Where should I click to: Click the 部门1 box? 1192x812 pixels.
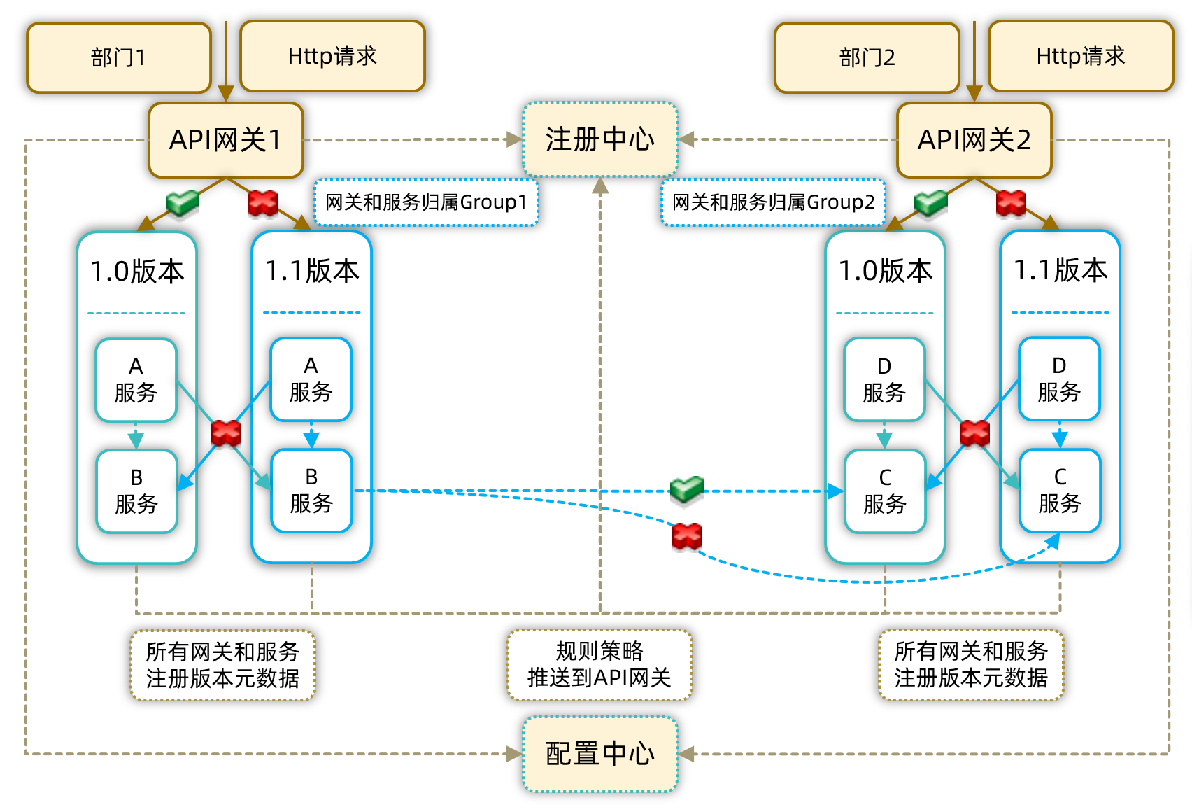pyautogui.click(x=119, y=57)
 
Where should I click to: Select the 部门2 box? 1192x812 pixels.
pyautogui.click(x=867, y=57)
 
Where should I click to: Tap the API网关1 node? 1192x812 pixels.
pyautogui.click(x=225, y=140)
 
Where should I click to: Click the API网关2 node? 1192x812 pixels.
pyautogui.click(x=974, y=140)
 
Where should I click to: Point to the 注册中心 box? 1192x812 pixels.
pyautogui.click(x=600, y=139)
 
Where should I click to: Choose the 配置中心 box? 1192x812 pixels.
pyautogui.click(x=600, y=754)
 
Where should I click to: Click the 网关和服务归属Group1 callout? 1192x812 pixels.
pyautogui.click(x=426, y=202)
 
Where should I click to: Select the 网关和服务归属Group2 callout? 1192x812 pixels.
pyautogui.click(x=773, y=202)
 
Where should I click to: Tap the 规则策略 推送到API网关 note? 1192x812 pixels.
pyautogui.click(x=599, y=664)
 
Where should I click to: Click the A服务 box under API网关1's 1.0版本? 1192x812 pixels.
pyautogui.click(x=136, y=380)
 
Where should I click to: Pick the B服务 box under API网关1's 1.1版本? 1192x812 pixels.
pyautogui.click(x=311, y=491)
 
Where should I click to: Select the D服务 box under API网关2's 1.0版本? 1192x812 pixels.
pyautogui.click(x=884, y=380)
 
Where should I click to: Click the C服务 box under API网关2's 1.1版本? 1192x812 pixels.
pyautogui.click(x=1060, y=491)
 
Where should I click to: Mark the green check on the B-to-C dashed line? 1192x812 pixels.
pyautogui.click(x=686, y=489)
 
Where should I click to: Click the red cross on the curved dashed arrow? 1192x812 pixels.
pyautogui.click(x=687, y=537)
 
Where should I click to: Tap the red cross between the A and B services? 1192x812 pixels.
pyautogui.click(x=226, y=433)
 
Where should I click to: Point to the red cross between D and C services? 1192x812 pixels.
pyautogui.click(x=974, y=433)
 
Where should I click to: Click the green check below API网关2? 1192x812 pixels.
pyautogui.click(x=931, y=202)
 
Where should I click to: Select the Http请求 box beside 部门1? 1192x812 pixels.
pyautogui.click(x=332, y=56)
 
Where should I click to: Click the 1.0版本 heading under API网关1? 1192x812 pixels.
pyautogui.click(x=137, y=271)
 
